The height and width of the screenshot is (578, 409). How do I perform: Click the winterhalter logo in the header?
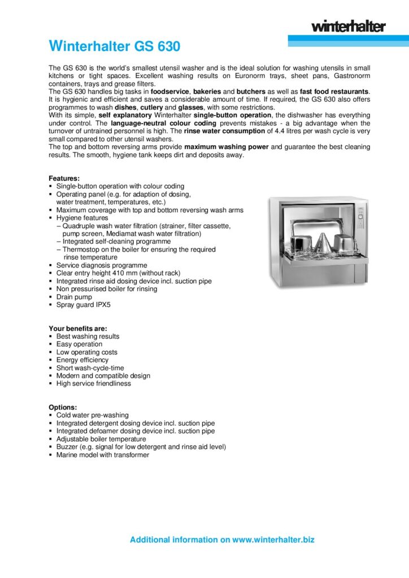[x=348, y=27]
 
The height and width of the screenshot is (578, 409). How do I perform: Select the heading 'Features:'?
[x=64, y=178]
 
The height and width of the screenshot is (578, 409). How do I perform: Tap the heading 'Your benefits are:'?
[x=78, y=329]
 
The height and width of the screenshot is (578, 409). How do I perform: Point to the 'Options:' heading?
[x=63, y=407]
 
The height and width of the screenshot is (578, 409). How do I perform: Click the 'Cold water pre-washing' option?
[x=93, y=415]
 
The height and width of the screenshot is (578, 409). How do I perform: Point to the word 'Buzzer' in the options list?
[x=67, y=446]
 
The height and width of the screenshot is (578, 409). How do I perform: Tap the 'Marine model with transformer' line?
[x=102, y=454]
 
